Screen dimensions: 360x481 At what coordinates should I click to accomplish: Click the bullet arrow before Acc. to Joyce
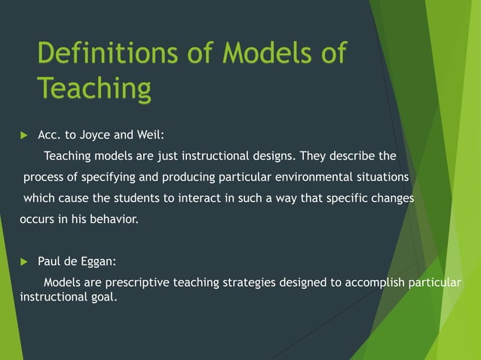click(23, 136)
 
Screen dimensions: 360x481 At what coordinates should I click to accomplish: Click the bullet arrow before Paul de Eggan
click(23, 262)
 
